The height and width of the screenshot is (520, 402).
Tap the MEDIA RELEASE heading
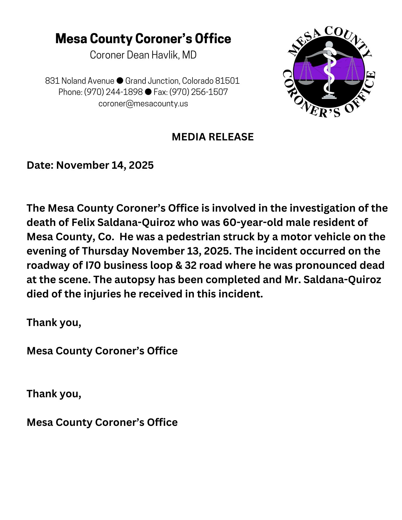[x=213, y=137]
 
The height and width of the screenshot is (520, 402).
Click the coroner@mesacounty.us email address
[x=143, y=103]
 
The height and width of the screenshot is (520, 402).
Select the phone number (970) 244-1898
[x=113, y=92]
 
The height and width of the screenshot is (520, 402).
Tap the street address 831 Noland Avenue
[x=80, y=81]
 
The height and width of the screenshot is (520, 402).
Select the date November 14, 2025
[x=105, y=165]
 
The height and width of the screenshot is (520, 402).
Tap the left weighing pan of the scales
[x=306, y=82]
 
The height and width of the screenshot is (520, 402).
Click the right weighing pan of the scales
[x=352, y=82]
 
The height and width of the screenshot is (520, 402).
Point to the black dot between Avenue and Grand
[x=120, y=81]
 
